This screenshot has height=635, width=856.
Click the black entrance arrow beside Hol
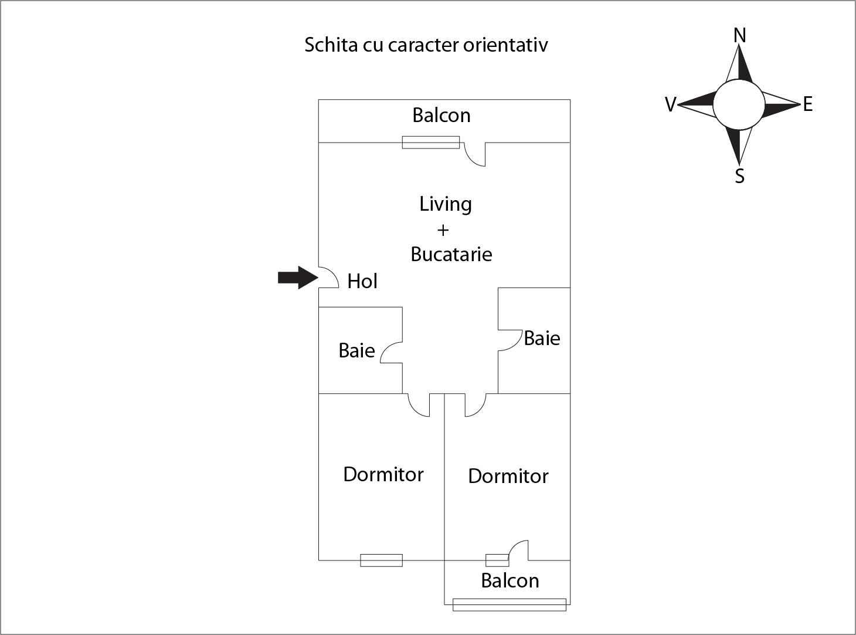pos(297,278)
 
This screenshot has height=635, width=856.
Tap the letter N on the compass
pos(740,36)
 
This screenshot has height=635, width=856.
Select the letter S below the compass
pos(740,175)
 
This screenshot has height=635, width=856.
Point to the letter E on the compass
pos(808,104)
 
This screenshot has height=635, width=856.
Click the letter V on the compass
pos(670,105)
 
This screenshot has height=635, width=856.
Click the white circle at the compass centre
pos(739,104)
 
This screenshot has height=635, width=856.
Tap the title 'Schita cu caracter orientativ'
pos(426,45)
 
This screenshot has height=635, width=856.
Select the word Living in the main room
pos(446,204)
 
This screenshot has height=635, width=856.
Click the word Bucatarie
pos(451,254)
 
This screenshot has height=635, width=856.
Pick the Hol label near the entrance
pos(362,282)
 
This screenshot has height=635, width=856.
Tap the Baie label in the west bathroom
pos(356,351)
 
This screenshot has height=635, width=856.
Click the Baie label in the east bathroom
pos(542,339)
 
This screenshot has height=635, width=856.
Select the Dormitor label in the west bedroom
pos(383,474)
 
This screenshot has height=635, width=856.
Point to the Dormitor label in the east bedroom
pos(508,476)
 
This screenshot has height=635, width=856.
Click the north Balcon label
pos(441,116)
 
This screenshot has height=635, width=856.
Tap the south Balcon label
pos(509,581)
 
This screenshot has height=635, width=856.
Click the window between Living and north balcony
pos(430,142)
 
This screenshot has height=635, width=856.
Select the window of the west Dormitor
pos(381,560)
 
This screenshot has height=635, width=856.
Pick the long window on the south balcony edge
pos(509,604)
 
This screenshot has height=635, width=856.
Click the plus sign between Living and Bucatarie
pos(443,229)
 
